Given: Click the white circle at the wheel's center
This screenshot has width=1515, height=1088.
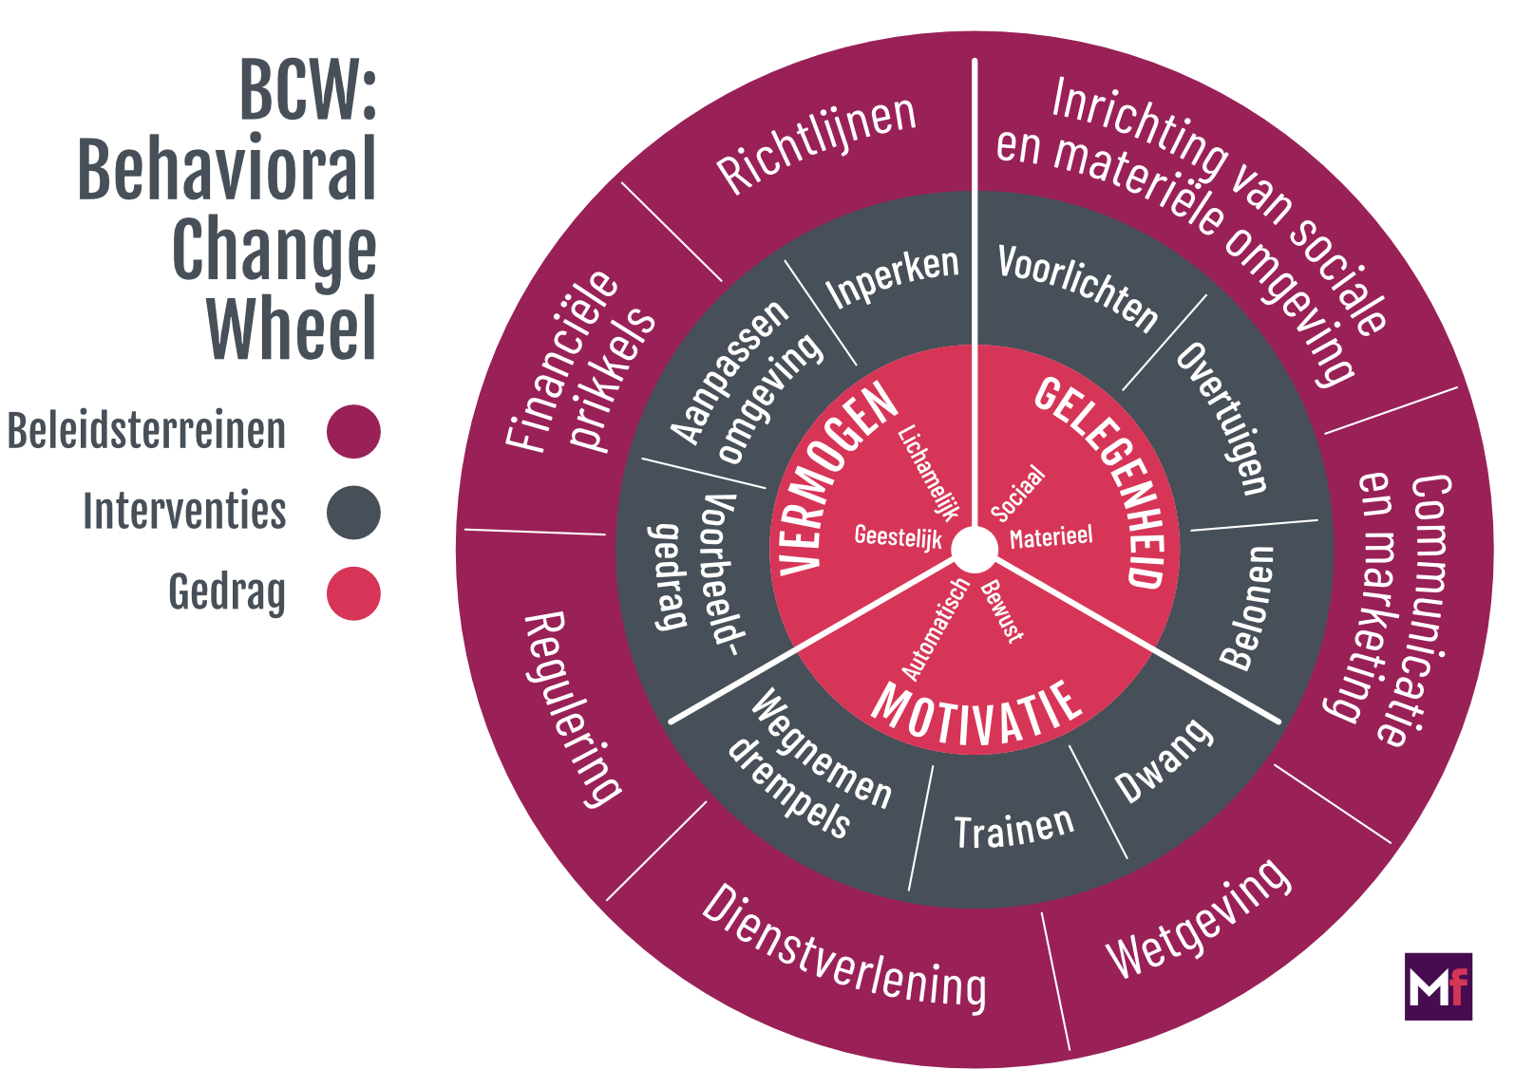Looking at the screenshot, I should pyautogui.click(x=974, y=549).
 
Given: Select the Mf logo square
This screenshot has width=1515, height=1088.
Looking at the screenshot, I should pyautogui.click(x=1438, y=986).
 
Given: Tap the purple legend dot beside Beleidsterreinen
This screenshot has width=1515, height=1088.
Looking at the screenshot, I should pyautogui.click(x=353, y=431).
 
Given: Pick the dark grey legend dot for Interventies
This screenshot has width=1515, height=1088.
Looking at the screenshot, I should pyautogui.click(x=353, y=513).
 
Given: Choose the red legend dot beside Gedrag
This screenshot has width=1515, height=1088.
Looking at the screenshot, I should pyautogui.click(x=353, y=593).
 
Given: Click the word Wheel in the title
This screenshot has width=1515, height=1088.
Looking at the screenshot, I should pyautogui.click(x=293, y=328).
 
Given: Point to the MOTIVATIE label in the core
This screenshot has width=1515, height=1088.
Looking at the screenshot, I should pyautogui.click(x=976, y=714).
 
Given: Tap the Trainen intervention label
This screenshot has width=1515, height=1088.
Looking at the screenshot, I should pyautogui.click(x=1013, y=830).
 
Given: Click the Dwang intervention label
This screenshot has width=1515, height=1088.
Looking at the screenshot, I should pyautogui.click(x=1164, y=761).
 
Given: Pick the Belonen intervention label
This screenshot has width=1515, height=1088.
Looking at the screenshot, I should pyautogui.click(x=1246, y=608).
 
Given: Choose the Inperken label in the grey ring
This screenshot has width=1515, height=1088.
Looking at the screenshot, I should pyautogui.click(x=892, y=277).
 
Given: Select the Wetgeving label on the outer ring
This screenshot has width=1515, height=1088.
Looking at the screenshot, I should pyautogui.click(x=1199, y=919).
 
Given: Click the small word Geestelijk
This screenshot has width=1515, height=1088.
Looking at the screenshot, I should pyautogui.click(x=898, y=537).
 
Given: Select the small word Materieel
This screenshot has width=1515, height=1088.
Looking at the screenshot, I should pyautogui.click(x=1051, y=537).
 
